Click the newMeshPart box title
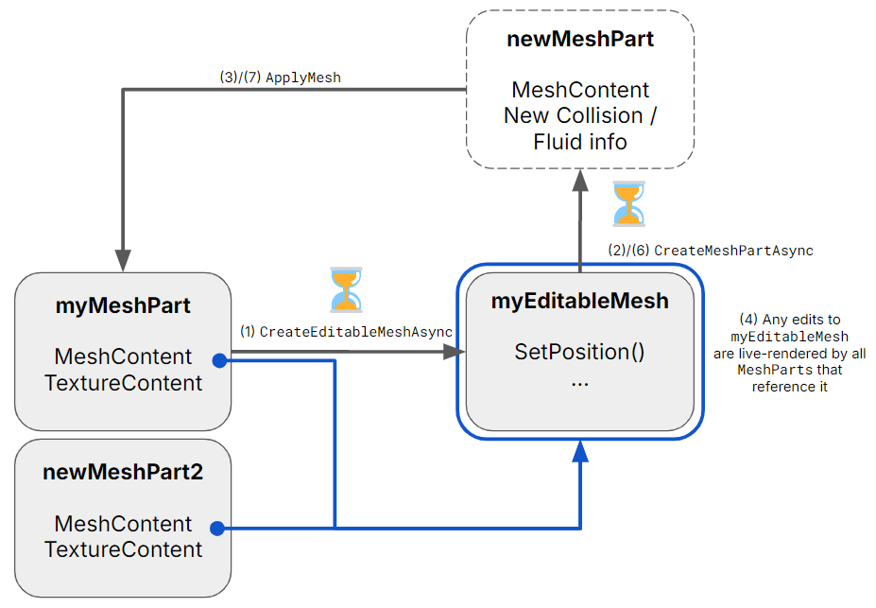point(580,40)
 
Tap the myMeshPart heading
point(123,305)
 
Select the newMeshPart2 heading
point(123,472)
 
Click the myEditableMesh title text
point(580,302)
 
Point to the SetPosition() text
point(579,352)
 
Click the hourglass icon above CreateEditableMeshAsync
point(346,289)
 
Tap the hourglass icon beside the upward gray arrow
point(627,204)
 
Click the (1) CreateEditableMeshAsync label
point(346,332)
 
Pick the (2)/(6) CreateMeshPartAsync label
point(710,251)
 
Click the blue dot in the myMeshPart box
point(218,360)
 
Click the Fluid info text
point(580,142)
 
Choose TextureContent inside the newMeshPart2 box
point(123,549)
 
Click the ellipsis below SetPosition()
point(579,380)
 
